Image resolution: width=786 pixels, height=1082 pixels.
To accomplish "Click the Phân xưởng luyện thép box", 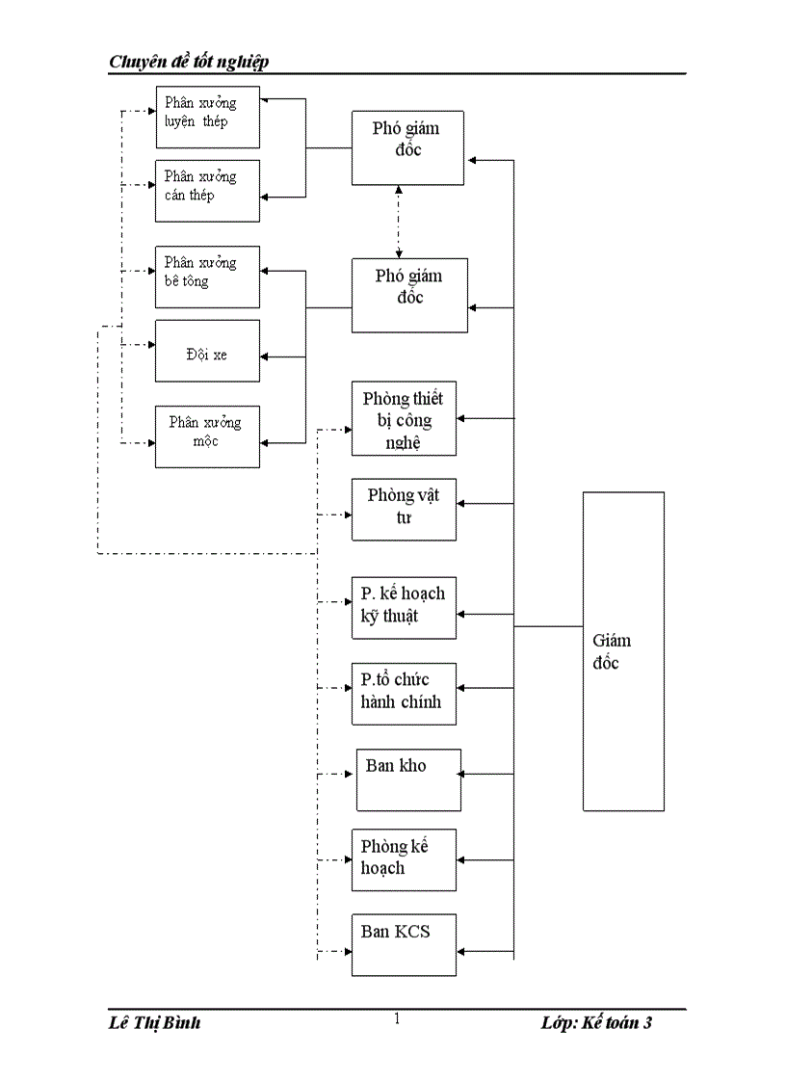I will [x=207, y=116].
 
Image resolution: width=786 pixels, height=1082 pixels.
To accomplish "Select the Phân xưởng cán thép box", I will [x=207, y=190].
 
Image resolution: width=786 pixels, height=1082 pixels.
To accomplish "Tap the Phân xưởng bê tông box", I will [x=207, y=277].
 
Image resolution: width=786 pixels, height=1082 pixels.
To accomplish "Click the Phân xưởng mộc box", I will [x=207, y=436].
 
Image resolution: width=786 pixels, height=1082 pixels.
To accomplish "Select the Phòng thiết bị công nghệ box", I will [x=404, y=419].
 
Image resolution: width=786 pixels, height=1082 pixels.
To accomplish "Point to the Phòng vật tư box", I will [x=404, y=509].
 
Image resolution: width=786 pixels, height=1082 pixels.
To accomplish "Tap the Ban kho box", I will [x=408, y=779].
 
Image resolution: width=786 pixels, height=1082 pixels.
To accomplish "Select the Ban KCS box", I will [x=404, y=945].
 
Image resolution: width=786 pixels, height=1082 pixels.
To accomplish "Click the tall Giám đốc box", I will [x=623, y=651].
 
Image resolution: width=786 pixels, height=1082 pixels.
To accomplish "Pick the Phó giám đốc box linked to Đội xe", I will [x=409, y=295].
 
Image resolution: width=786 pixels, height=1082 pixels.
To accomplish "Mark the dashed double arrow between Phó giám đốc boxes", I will [x=399, y=222].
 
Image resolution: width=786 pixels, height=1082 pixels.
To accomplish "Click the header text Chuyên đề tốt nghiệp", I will [x=189, y=62].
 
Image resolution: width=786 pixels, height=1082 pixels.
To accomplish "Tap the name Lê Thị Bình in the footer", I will [x=155, y=1023].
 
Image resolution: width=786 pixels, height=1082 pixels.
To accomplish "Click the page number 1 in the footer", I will [x=397, y=1019].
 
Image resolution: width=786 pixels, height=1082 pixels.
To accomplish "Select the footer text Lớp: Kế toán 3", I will [x=596, y=1023].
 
